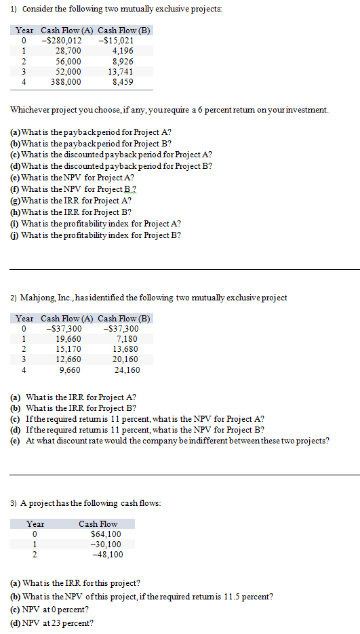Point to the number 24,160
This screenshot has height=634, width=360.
click(127, 370)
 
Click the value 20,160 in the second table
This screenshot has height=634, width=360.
click(127, 360)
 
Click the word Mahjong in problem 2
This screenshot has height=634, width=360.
click(38, 298)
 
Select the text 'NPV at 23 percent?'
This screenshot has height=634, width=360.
click(58, 623)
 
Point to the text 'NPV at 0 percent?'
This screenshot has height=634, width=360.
click(56, 610)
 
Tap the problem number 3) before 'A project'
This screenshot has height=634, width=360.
click(14, 503)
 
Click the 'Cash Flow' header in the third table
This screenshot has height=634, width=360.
click(98, 524)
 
